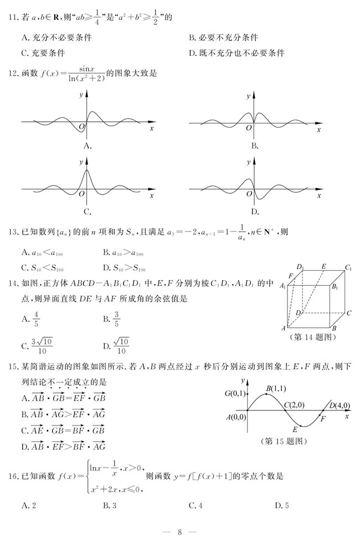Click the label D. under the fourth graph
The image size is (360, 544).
255,211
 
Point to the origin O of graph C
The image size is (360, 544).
81,193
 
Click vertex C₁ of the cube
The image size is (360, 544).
348,268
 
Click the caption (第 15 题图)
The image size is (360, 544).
282,442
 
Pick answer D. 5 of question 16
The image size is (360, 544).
282,505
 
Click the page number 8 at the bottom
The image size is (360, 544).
179,532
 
